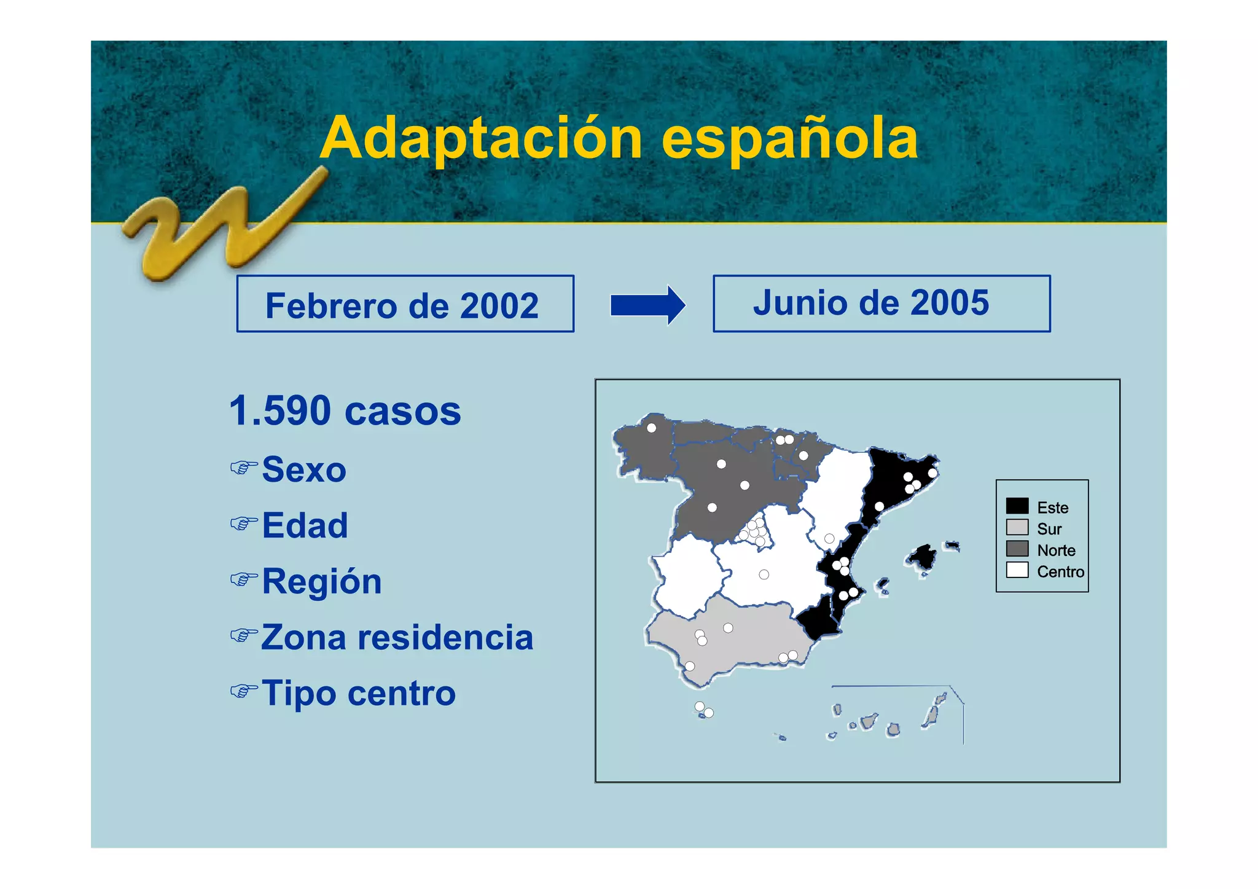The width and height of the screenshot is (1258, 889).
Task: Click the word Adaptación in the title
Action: tap(481, 139)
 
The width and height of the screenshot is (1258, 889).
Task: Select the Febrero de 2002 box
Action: tap(405, 304)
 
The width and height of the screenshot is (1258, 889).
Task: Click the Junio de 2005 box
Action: tap(881, 304)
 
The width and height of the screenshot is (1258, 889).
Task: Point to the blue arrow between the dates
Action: tap(647, 305)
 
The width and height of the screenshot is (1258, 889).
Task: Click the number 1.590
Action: tap(280, 411)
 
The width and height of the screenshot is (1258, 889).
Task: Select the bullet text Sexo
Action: tap(304, 470)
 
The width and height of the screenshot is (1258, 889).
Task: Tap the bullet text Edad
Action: tap(305, 526)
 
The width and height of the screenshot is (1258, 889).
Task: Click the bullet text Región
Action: tap(322, 582)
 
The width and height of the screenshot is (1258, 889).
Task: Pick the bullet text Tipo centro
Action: tap(359, 693)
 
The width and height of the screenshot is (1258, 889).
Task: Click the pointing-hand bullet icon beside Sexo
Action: tap(243, 468)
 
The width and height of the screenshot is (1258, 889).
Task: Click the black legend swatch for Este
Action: tap(1017, 506)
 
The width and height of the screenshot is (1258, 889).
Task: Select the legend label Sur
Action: tap(1049, 529)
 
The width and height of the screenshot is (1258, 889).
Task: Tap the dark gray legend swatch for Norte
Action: tap(1017, 549)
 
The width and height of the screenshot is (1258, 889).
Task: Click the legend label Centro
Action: tap(1060, 572)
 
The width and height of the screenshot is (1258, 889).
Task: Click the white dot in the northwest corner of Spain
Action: tap(651, 428)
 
